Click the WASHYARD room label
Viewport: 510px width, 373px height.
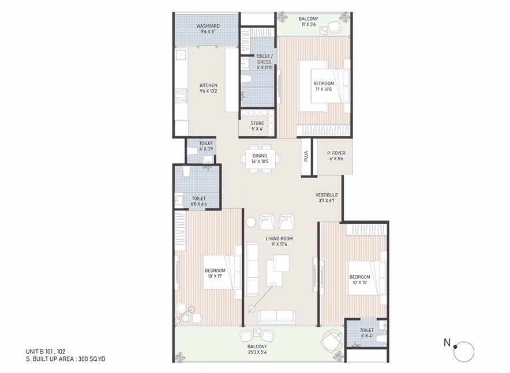(208, 26)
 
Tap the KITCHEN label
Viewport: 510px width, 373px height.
(208, 85)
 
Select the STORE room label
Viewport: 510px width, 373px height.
(257, 123)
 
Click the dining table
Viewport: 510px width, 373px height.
(260, 159)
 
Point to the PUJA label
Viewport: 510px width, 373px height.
(306, 157)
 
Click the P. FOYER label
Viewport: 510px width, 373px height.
(336, 153)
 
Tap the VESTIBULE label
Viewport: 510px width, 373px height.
(327, 195)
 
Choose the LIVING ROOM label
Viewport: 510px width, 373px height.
(279, 239)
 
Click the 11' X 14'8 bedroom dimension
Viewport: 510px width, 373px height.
(324, 89)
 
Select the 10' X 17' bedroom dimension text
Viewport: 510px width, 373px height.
(215, 276)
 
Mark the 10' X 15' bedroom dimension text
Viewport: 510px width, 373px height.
(360, 282)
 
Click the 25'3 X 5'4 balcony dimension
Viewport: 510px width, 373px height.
(257, 352)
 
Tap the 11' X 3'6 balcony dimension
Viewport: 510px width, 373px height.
(308, 24)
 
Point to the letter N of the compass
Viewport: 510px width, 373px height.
(448, 342)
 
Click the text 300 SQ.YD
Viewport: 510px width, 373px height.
(92, 359)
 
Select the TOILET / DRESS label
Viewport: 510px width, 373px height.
(264, 59)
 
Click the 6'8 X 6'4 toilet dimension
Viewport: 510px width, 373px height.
(198, 204)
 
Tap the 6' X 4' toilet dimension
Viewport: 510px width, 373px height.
(366, 336)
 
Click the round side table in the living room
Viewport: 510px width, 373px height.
(251, 223)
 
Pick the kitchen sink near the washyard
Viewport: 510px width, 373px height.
(180, 55)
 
